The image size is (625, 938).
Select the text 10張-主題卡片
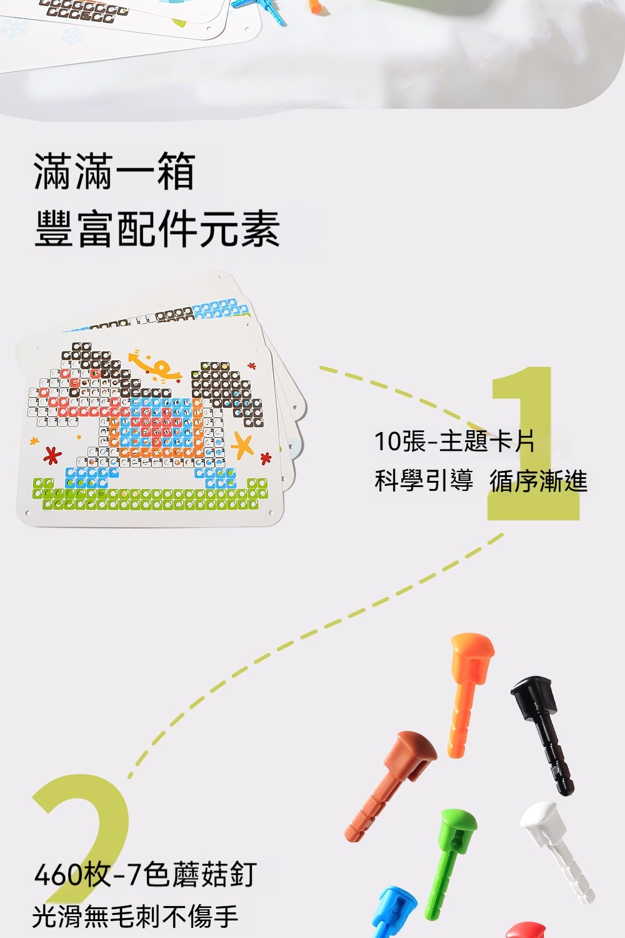[x=454, y=441]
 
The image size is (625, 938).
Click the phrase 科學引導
[x=424, y=481]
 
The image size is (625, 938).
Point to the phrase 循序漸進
[x=538, y=481]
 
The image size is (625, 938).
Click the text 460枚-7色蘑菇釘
[x=145, y=874]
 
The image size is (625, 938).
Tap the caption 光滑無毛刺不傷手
[x=135, y=916]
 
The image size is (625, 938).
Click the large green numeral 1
[x=535, y=443]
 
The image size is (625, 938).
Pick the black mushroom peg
[x=542, y=734]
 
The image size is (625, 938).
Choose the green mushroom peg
[x=450, y=865]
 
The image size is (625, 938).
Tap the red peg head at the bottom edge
[x=526, y=930]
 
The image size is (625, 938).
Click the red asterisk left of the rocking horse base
[x=52, y=456]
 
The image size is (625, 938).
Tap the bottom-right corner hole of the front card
[x=271, y=513]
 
